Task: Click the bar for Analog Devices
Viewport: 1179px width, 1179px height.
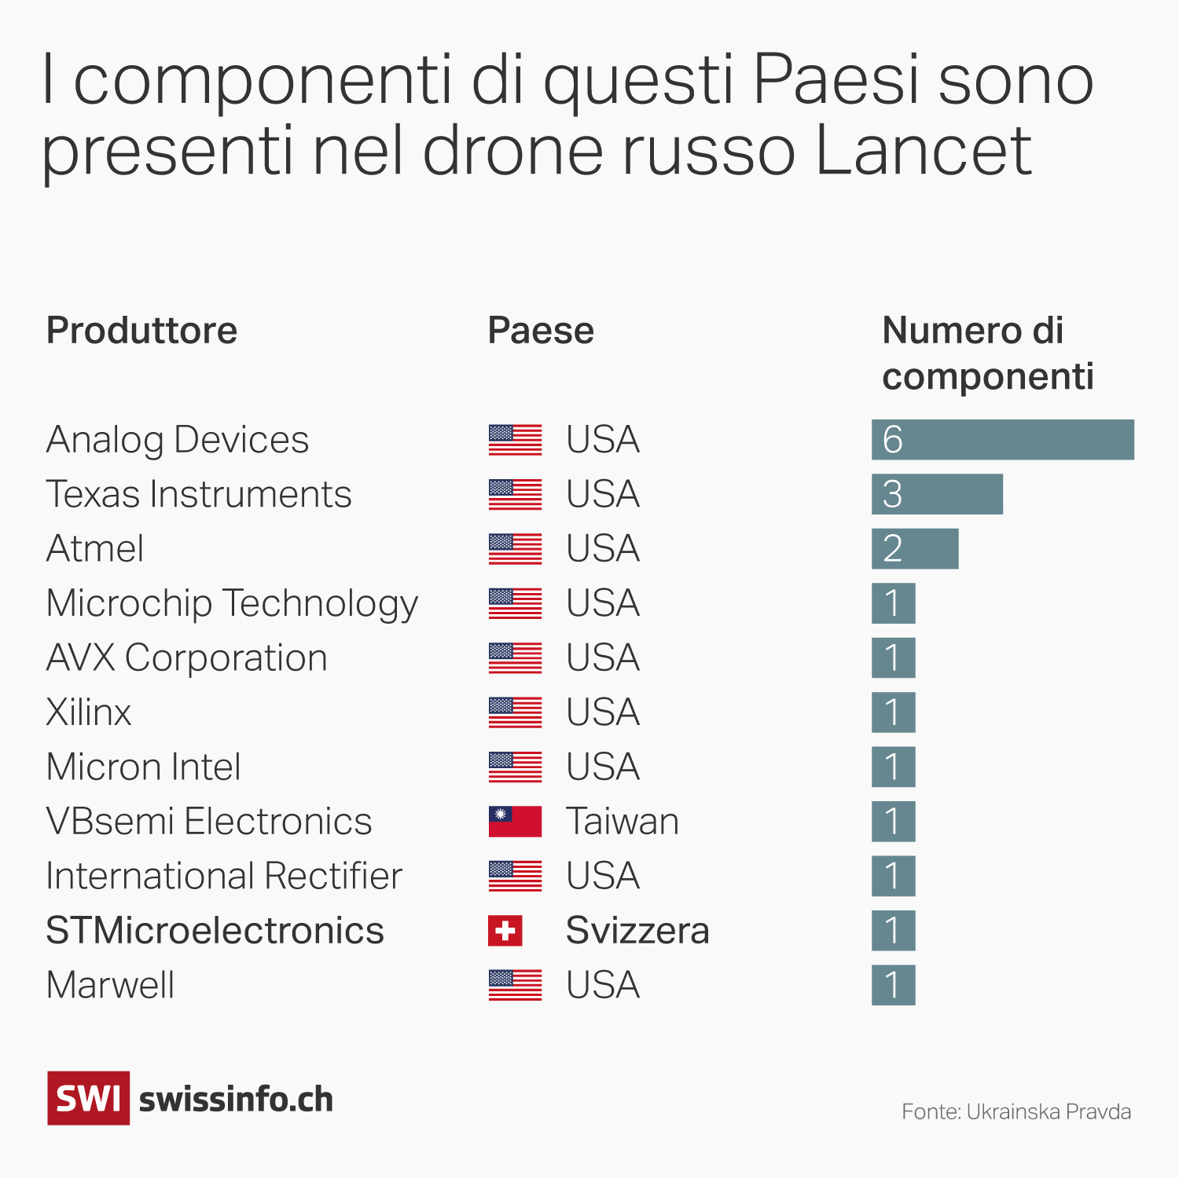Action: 1002,440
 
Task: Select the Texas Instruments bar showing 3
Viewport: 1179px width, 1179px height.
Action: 937,494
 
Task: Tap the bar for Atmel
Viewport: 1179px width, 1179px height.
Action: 915,549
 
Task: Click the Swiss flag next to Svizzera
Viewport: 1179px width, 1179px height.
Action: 505,931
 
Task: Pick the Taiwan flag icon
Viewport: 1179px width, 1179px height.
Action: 515,822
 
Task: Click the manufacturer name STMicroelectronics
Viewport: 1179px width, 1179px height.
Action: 215,931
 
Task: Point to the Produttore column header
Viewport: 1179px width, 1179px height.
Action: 141,331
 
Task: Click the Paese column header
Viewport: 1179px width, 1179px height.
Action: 541,331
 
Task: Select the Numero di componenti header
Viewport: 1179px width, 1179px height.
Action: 987,353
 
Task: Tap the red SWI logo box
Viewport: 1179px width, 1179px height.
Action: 88,1098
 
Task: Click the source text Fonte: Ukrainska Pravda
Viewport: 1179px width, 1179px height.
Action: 1016,1112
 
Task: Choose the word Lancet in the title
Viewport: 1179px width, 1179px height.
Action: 924,150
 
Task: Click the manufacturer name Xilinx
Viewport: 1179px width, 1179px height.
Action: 89,712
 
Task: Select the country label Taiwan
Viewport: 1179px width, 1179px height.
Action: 622,822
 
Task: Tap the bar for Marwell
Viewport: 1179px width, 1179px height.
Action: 893,985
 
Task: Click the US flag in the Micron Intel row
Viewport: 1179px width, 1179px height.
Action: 515,767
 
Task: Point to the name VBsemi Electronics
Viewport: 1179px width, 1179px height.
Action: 208,822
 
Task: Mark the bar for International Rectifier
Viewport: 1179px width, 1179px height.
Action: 893,876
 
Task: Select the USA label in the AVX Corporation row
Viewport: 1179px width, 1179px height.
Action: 603,658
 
